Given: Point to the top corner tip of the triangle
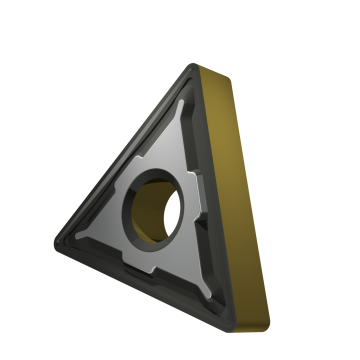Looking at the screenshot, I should click(196, 68).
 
